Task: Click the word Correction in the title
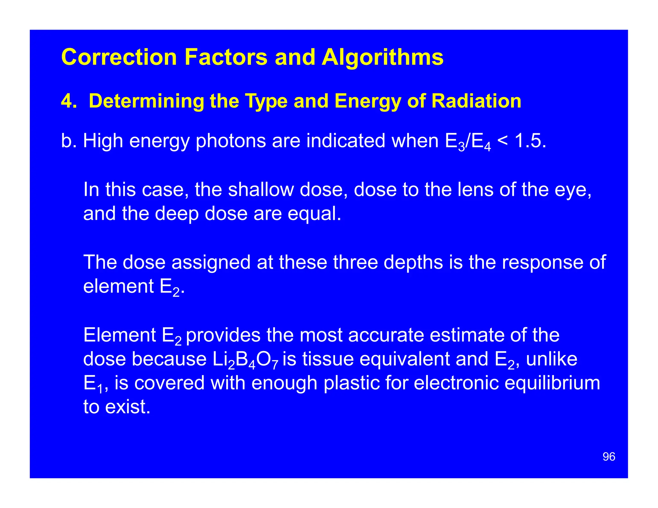click(x=119, y=57)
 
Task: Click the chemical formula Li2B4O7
click(x=245, y=360)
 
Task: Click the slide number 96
click(x=609, y=457)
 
